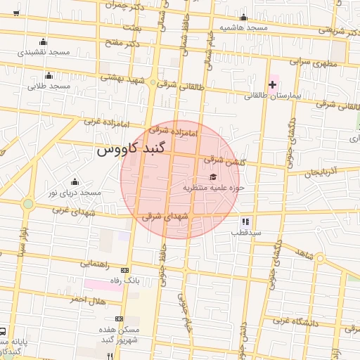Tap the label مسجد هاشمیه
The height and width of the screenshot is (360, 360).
click(x=243, y=27)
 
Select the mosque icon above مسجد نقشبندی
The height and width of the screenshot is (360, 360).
click(x=44, y=41)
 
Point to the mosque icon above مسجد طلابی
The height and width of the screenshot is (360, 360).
click(x=49, y=75)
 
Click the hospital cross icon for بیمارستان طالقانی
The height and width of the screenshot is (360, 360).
click(x=272, y=84)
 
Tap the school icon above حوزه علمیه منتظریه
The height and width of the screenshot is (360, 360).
click(x=213, y=176)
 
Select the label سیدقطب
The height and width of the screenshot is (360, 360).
click(x=247, y=231)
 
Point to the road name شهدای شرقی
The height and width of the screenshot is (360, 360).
click(x=165, y=217)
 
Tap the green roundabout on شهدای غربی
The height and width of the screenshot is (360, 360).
click(x=28, y=204)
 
